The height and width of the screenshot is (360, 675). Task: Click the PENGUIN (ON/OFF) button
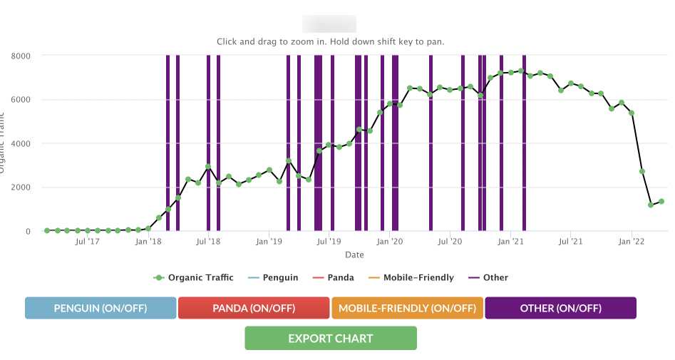pos(101,308)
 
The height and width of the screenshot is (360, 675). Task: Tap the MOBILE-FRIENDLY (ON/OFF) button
pos(407,308)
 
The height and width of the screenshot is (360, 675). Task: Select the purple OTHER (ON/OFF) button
pos(560,308)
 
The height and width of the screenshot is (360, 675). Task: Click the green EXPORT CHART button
pos(330,338)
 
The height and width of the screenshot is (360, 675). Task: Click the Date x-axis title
pos(354,254)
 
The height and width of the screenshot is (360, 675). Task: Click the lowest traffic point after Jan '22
pos(651,205)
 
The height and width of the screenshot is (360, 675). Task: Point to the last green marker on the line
pos(661,201)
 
